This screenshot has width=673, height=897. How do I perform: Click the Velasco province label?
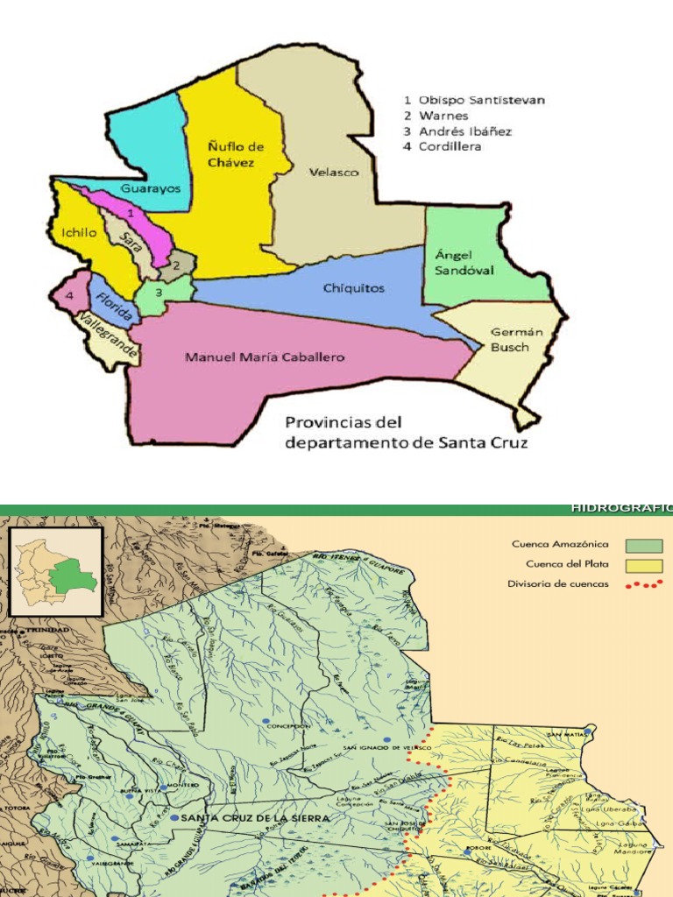tap(334, 173)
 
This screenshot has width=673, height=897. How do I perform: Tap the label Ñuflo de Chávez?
tap(236, 154)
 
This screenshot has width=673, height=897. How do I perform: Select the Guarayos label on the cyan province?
tap(151, 188)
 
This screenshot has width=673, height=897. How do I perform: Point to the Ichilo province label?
tap(79, 232)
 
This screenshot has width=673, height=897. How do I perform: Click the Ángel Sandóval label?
tap(464, 262)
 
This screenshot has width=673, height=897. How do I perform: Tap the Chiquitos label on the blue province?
tap(354, 288)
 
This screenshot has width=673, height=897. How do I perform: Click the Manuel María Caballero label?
tap(265, 357)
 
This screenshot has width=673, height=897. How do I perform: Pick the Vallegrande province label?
tap(104, 336)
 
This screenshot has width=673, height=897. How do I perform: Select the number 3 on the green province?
tap(158, 293)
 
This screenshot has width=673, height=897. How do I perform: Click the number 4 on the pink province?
tap(68, 296)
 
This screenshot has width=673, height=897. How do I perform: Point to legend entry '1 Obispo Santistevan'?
tap(473, 100)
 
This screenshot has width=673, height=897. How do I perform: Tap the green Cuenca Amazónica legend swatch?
tap(641, 545)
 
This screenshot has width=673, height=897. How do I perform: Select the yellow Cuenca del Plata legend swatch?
tap(641, 565)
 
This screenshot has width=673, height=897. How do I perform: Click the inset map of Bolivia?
tap(56, 568)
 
